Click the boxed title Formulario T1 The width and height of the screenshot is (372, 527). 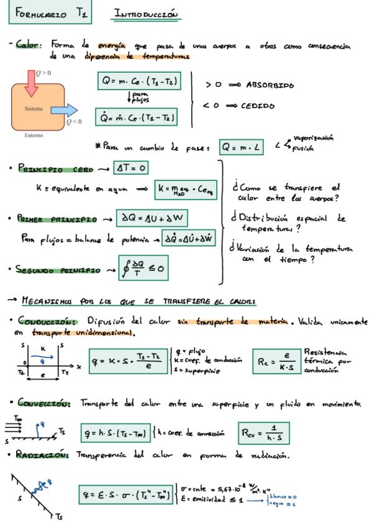[x=50, y=14]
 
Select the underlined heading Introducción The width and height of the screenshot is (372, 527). [x=147, y=13]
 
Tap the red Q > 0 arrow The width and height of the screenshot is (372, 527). [x=30, y=84]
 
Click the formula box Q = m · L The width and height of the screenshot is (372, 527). [x=243, y=147]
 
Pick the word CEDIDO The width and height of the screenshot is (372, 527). [x=258, y=106]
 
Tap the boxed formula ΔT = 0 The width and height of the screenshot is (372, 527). [x=131, y=168]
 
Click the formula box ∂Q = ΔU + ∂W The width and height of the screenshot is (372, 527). [x=154, y=218]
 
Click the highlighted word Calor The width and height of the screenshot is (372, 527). [x=28, y=45]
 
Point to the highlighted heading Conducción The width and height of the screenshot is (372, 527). [x=47, y=321]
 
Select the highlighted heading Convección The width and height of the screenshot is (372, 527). [x=44, y=403]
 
